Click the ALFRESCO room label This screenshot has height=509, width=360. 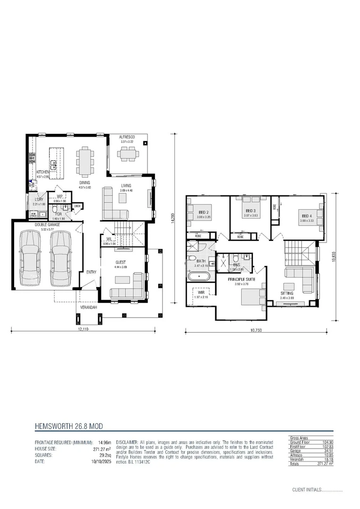127,137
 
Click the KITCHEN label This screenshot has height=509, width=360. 43,172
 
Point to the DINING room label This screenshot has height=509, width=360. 84,182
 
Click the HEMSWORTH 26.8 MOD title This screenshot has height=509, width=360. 69,427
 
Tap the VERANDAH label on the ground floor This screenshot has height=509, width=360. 89,307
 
